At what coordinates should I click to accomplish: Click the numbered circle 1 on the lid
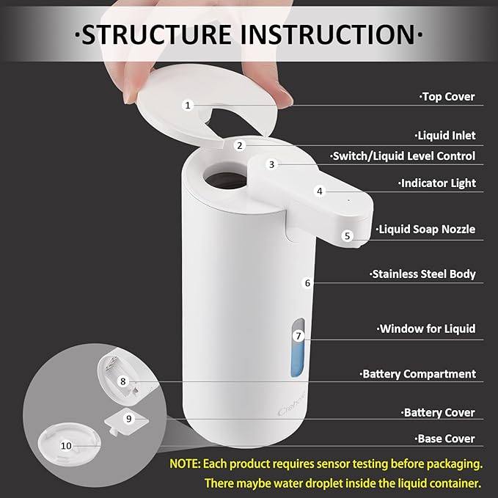point(187,105)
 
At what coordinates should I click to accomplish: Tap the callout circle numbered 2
point(239,145)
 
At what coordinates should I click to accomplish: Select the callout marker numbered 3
point(271,164)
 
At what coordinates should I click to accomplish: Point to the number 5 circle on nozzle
point(348,235)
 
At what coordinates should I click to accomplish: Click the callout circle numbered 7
point(298,336)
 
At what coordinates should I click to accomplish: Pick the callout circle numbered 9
point(128,418)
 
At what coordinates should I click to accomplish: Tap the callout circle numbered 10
point(66,445)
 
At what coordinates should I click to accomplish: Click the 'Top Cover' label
point(447,97)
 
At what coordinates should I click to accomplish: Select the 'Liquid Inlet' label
point(446,136)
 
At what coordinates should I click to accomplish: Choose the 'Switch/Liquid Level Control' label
point(403,156)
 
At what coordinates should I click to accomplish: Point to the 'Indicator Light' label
point(438,183)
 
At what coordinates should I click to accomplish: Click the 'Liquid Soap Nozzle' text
point(426,230)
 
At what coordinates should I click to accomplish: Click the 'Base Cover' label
point(439,439)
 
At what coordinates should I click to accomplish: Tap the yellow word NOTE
point(188,464)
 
